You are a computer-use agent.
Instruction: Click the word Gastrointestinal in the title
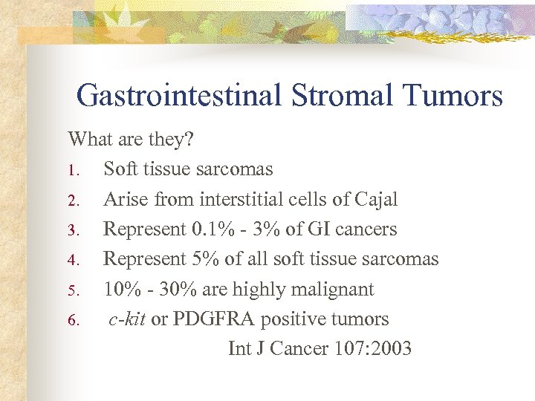pyautogui.click(x=178, y=96)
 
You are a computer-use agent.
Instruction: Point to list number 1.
pyautogui.click(x=74, y=170)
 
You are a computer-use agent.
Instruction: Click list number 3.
pyautogui.click(x=74, y=230)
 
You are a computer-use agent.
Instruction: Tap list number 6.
pyautogui.click(x=74, y=321)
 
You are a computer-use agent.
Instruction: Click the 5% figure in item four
pyautogui.click(x=204, y=259)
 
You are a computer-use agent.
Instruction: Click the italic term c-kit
pyautogui.click(x=127, y=319)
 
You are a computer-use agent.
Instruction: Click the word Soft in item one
pyautogui.click(x=120, y=169)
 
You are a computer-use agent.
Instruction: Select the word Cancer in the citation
pyautogui.click(x=290, y=349)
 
